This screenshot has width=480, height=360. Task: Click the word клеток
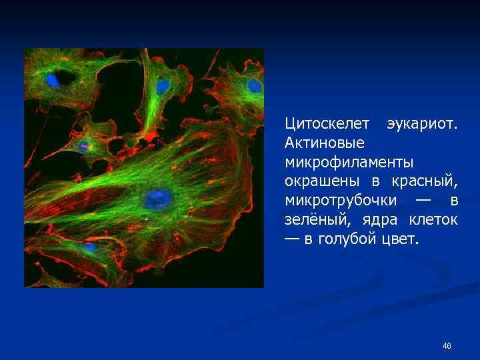(433, 219)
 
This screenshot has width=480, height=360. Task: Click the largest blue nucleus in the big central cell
(159, 197)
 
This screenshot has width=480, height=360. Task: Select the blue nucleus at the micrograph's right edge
(254, 86)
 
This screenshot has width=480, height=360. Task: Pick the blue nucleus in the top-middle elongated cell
(162, 87)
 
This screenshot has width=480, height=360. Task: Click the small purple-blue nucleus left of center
(83, 145)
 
